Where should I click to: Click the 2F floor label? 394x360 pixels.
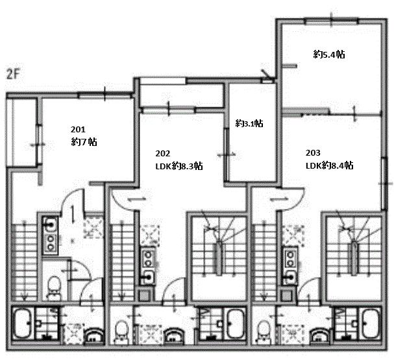13,75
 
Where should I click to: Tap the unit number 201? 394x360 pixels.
78,130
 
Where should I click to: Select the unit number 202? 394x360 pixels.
162,153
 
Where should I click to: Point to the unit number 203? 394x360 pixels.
313,152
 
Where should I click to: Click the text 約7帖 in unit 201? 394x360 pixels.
84,142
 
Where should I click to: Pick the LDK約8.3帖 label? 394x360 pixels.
179,166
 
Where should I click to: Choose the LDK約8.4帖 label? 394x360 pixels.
330,165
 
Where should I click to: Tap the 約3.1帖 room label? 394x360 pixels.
249,123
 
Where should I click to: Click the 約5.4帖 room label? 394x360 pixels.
329,54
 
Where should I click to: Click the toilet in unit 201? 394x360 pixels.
53,288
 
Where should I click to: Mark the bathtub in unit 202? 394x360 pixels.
236,324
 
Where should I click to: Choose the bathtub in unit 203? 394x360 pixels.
370,324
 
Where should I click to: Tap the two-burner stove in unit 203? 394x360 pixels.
290,259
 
